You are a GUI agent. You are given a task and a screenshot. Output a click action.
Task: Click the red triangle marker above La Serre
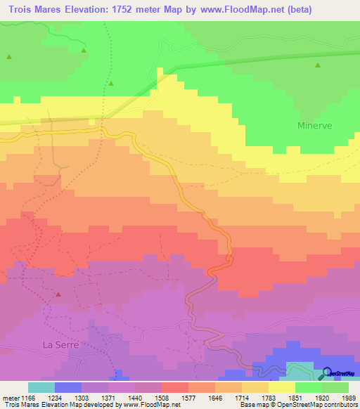(58, 294)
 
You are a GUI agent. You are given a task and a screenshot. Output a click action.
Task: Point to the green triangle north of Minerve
(318, 65)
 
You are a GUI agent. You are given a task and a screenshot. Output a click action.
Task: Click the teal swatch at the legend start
(41, 387)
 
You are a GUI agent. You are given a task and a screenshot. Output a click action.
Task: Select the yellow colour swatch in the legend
(281, 387)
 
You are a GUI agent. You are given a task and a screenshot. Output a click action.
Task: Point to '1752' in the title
(150, 9)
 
